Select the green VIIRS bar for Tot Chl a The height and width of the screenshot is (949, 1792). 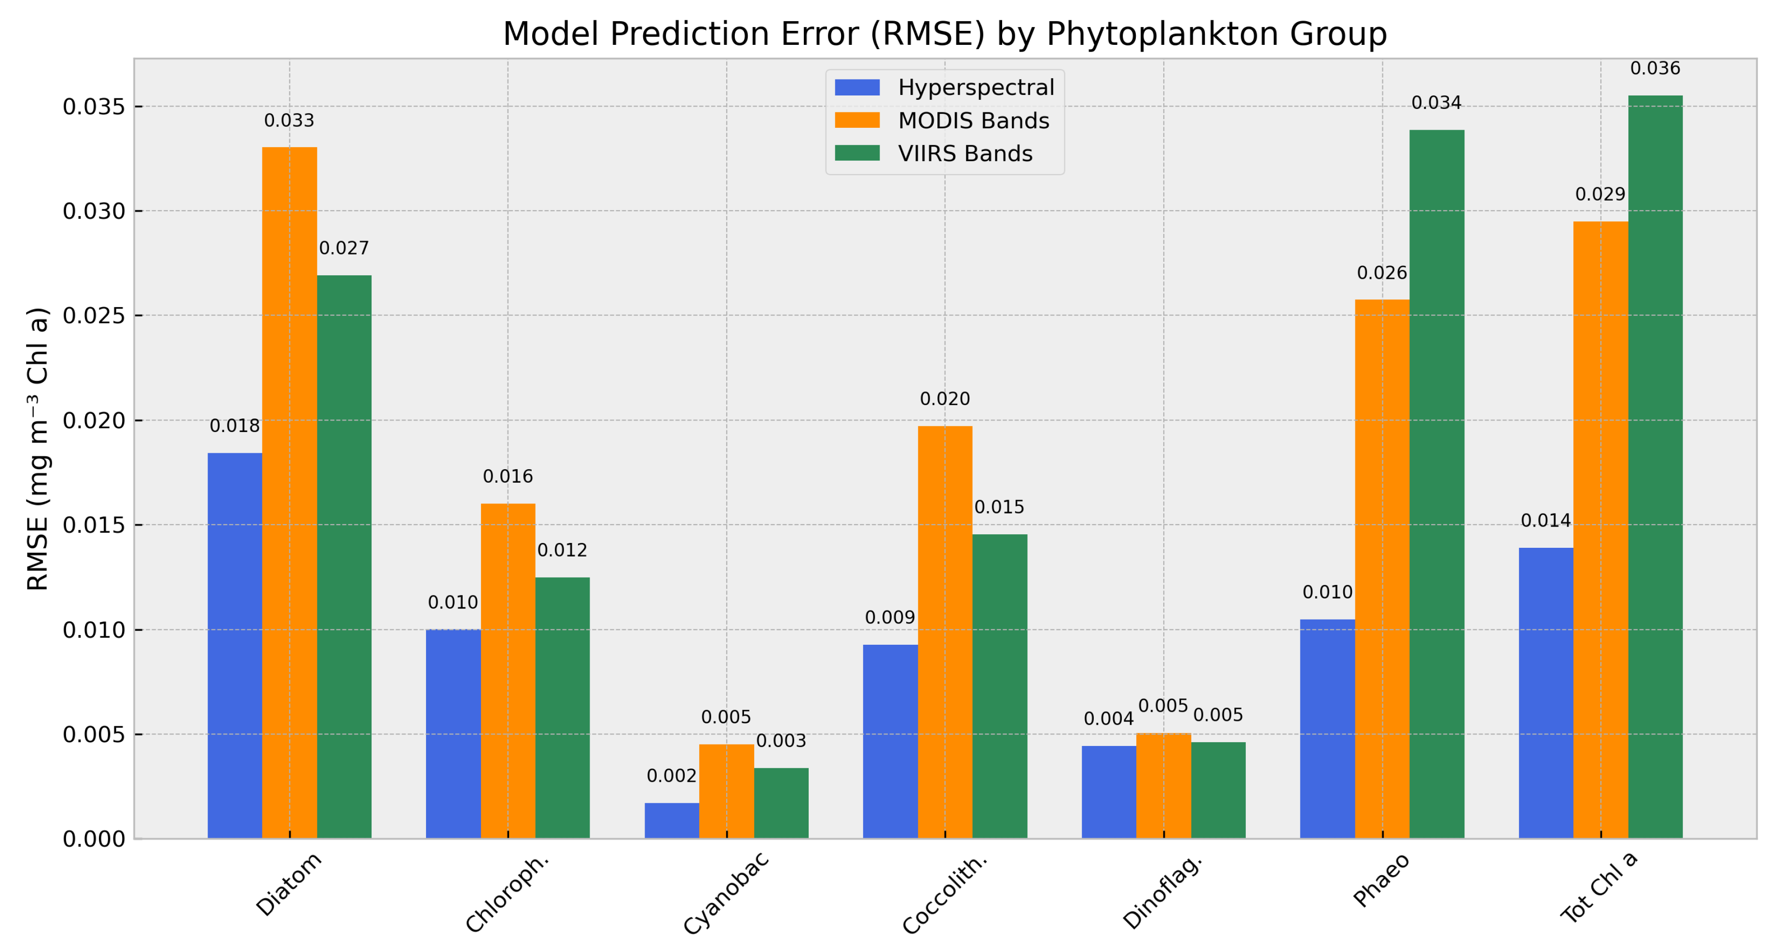1655,466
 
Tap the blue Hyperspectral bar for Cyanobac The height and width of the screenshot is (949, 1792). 671,820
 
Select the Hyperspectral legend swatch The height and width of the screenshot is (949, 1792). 857,88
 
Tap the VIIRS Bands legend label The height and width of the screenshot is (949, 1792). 965,154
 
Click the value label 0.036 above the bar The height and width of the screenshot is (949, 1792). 1655,68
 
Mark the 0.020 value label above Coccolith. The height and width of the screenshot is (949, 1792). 945,399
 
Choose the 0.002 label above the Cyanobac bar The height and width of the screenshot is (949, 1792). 671,776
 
